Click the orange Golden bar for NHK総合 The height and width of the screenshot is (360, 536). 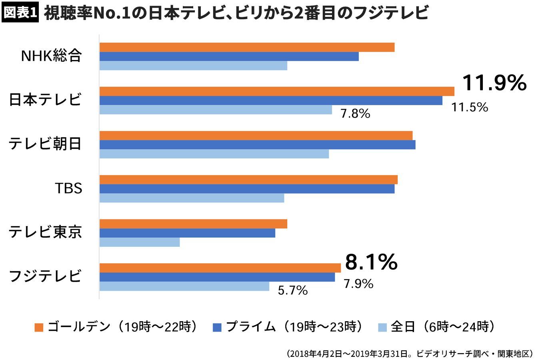pos(247,47)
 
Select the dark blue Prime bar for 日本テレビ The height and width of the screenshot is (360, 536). pos(271,100)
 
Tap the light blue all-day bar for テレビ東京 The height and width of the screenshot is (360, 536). pos(139,242)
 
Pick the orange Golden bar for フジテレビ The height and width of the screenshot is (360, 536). pos(220,268)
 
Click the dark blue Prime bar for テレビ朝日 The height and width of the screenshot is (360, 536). pos(257,145)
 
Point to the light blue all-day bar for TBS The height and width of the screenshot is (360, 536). pos(192,198)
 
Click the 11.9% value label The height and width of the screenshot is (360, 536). pos(494,83)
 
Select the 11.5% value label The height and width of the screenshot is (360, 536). pos(470,107)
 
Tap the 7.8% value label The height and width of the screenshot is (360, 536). pos(355,114)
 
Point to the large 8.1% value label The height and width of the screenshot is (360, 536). pos(371,262)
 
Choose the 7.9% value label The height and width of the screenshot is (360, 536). pos(358,284)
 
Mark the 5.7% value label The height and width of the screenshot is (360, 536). pos(293,290)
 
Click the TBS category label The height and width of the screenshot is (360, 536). pos(68,188)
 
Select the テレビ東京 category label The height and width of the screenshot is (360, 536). pos(45,232)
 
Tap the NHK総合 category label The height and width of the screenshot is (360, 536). pos(51,56)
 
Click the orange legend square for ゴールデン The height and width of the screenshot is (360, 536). pos(39,327)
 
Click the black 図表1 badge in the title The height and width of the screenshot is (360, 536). pos(20,13)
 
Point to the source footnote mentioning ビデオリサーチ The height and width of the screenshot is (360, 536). pos(410,354)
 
